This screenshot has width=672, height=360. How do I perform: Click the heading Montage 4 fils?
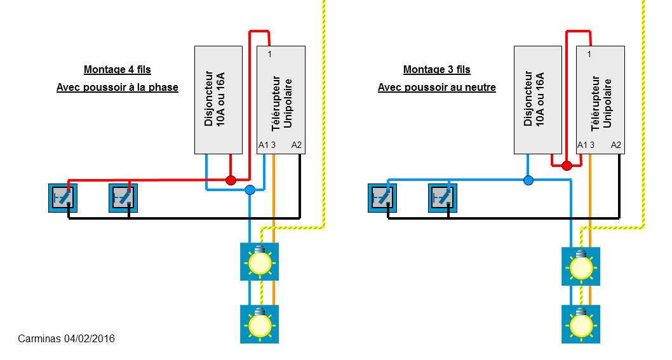(x=118, y=70)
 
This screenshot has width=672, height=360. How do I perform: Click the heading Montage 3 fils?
(x=436, y=70)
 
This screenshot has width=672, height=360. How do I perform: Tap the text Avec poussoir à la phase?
(x=118, y=88)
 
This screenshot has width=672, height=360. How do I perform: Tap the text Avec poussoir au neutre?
(x=436, y=88)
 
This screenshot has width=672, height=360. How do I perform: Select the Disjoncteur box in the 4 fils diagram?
(x=218, y=100)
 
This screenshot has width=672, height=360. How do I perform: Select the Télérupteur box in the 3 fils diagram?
(x=600, y=100)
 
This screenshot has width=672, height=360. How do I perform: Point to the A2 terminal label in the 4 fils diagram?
(x=297, y=145)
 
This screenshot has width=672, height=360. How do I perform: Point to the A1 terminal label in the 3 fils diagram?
(x=582, y=145)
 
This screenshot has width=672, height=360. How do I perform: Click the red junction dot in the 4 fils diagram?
(x=231, y=180)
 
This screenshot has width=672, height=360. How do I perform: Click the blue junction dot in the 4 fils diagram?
(x=250, y=190)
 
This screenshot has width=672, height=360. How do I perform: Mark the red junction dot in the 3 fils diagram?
(x=567, y=166)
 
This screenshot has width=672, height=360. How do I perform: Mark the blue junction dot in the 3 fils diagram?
(x=528, y=180)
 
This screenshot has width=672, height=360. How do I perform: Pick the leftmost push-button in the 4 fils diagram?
(x=64, y=197)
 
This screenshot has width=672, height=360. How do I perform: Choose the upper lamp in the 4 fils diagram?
(x=259, y=262)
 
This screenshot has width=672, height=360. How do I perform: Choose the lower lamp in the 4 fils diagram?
(x=259, y=324)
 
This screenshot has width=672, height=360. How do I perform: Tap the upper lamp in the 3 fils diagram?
(x=581, y=266)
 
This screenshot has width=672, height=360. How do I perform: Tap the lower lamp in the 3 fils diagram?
(x=581, y=324)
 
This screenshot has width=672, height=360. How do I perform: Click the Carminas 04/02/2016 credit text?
(x=67, y=339)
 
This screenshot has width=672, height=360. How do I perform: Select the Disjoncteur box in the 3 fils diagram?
(x=537, y=100)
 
